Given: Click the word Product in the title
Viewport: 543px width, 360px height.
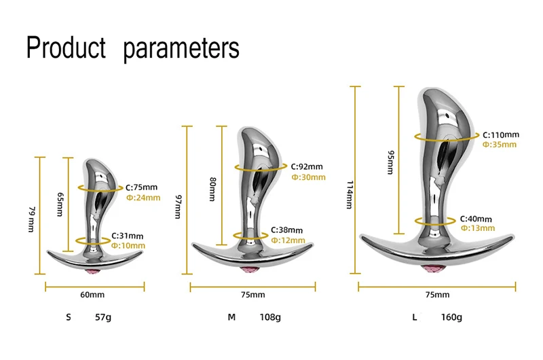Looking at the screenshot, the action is coord(66,47).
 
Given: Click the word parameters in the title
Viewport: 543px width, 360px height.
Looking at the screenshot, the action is coord(181,49).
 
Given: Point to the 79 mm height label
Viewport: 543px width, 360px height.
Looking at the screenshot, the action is coord(31,219).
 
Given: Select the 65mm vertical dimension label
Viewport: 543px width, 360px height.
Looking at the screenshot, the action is coord(60,204).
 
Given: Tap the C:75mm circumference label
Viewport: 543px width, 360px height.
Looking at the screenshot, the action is coord(141,187).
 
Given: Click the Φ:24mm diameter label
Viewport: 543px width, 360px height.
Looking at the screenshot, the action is coord(143,198).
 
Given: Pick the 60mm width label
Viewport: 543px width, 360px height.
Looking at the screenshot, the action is coord(92,295).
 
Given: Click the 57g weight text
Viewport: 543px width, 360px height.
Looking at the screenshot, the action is coord(103,317).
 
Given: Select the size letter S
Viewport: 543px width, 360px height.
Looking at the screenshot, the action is coord(69,317).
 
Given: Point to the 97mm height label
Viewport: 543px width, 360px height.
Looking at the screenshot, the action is coord(178,206).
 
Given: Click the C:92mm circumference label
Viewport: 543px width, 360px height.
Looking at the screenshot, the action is coord(307,166).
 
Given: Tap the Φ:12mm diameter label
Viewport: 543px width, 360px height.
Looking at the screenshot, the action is coord(288,240).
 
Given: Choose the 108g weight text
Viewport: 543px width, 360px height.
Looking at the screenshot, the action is coord(270,317).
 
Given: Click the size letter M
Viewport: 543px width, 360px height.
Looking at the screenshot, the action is coord(231,317).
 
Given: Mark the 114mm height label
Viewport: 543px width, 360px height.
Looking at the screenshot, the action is coord(350,194).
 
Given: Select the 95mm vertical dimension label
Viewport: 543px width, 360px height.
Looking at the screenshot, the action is coord(391,162).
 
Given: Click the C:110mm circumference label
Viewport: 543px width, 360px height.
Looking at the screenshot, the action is coord(501,134).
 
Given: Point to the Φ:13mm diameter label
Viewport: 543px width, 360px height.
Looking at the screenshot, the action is coord(478,228).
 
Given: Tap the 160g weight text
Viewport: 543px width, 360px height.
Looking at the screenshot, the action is coord(451,317).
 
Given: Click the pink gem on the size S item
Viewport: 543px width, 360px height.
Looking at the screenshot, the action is coord(94,270).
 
